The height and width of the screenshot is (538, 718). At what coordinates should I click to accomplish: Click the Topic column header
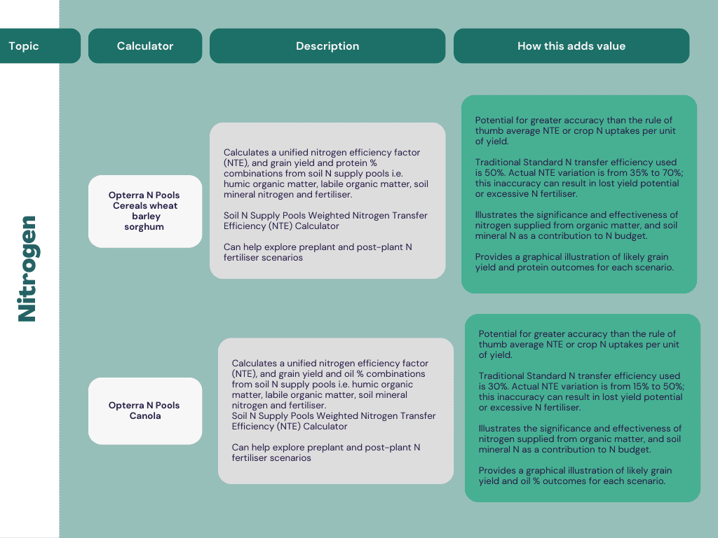coord(24,46)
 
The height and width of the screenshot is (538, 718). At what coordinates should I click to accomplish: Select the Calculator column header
coord(144,46)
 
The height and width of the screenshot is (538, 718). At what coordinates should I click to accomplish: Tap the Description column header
coord(327,46)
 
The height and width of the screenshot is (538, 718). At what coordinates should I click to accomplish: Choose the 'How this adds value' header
coord(571,46)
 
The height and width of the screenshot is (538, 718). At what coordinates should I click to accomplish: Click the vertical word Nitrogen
coord(27,269)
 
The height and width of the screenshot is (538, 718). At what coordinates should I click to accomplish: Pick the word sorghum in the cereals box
coord(144,227)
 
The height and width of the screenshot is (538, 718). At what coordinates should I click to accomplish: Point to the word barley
coord(146,216)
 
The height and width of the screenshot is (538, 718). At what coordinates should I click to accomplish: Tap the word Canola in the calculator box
coord(145,416)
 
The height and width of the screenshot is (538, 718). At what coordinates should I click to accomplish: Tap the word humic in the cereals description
coord(237,184)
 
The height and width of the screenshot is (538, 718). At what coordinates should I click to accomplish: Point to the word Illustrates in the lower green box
coord(499,429)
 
